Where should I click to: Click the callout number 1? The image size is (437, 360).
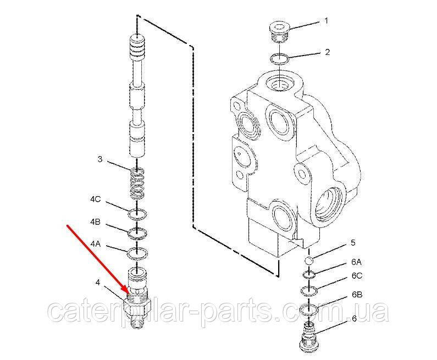point(326,21)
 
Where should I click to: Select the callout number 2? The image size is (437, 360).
point(327,52)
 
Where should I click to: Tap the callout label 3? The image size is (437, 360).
point(100,159)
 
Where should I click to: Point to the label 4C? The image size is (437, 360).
point(95,200)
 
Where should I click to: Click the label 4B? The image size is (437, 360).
point(95,222)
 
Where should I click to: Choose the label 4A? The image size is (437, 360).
point(95,244)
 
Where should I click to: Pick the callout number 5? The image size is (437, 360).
point(353,243)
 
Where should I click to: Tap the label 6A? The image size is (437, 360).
point(356,262)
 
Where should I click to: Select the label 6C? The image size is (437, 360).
point(357,276)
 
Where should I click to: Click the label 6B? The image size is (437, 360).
point(357,295)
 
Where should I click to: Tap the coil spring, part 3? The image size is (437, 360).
point(137,185)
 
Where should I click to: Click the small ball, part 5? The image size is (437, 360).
point(309,261)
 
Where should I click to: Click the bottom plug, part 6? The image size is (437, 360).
point(309,337)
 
